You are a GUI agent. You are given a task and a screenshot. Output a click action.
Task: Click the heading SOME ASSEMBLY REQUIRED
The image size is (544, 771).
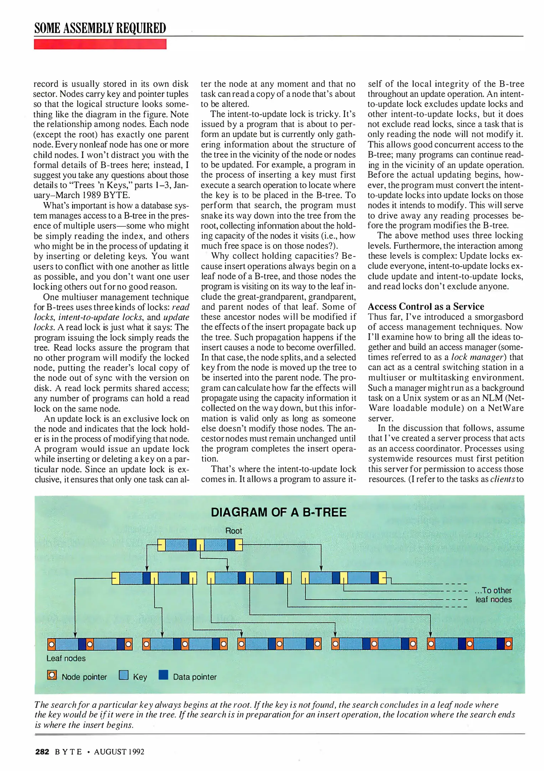100,28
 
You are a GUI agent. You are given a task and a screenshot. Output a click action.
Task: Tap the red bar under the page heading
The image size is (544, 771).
100,44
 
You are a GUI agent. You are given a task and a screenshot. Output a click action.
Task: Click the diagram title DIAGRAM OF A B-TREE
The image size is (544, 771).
278,513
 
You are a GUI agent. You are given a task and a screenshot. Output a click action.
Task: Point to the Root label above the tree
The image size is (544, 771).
233,531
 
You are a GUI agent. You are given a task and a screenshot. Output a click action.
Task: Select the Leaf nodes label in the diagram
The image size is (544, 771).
66,658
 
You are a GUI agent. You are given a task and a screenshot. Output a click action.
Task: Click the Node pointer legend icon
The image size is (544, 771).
52,675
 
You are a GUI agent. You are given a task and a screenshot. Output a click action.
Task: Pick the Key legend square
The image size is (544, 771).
124,675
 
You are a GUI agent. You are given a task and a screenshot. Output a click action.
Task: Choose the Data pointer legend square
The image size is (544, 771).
163,675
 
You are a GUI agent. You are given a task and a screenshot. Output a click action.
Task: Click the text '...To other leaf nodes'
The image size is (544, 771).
493,595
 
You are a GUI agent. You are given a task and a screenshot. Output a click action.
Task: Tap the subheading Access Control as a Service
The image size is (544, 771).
426,307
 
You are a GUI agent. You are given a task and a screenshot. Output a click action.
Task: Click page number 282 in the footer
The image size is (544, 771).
42,752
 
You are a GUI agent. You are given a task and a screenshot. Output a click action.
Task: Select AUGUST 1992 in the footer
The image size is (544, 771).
119,752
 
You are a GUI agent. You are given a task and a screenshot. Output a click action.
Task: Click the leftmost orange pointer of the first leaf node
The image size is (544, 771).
52,644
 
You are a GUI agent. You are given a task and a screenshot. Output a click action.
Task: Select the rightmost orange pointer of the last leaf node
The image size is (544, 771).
508,644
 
